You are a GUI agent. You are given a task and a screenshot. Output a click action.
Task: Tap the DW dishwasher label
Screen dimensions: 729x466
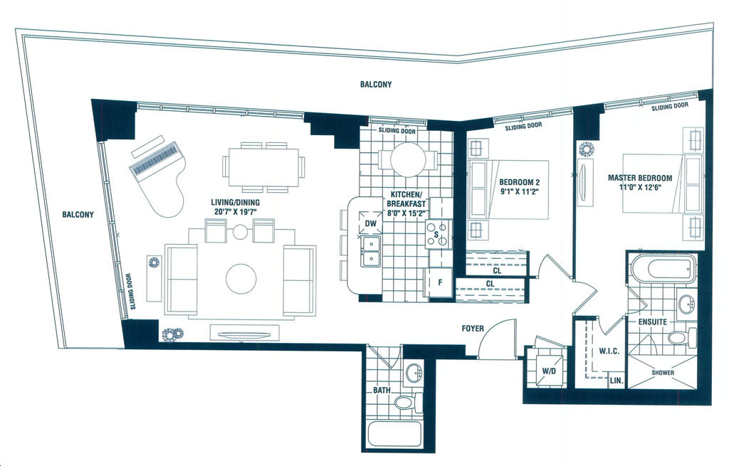370,224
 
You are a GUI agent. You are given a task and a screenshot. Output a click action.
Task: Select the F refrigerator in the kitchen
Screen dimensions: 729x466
439,282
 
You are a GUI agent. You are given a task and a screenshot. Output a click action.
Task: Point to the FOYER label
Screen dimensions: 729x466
473,329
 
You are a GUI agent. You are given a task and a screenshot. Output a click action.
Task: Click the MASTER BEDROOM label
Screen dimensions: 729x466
640,178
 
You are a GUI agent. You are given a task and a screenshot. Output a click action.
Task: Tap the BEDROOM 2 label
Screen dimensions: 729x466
519,181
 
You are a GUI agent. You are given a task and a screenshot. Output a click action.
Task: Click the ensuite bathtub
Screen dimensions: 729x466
664,268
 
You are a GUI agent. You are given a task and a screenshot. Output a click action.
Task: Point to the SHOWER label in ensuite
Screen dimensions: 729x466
663,372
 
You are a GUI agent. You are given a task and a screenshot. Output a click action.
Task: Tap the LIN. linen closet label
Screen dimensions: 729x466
617,380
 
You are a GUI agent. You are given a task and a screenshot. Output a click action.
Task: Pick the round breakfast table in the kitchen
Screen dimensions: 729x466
408,159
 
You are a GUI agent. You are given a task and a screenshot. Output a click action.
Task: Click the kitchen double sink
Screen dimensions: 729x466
370,251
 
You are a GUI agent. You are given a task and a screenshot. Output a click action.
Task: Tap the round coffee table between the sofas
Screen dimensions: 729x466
241,279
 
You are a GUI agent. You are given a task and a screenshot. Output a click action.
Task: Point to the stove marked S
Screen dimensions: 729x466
439,234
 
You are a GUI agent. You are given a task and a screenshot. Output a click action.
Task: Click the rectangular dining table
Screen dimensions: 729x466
263,167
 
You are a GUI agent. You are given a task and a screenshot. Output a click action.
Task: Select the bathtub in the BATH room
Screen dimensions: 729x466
394,434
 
